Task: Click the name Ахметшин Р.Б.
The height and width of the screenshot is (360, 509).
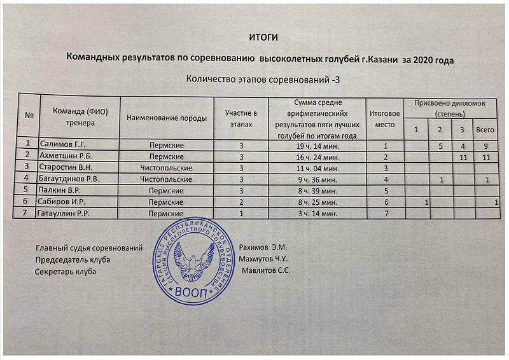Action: coord(66,156)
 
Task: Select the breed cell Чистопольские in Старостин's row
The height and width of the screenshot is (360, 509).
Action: coord(166,167)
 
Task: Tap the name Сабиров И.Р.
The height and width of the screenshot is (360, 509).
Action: coord(62,202)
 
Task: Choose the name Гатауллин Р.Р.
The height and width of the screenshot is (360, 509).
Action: coord(66,213)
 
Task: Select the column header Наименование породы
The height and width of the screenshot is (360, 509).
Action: coord(166,118)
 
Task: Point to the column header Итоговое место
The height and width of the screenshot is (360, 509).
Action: coord(386,119)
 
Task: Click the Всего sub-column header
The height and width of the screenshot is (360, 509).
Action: coord(485,130)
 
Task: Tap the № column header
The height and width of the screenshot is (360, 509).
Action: coord(29,116)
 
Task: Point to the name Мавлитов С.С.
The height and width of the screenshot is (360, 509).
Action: coord(267,271)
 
